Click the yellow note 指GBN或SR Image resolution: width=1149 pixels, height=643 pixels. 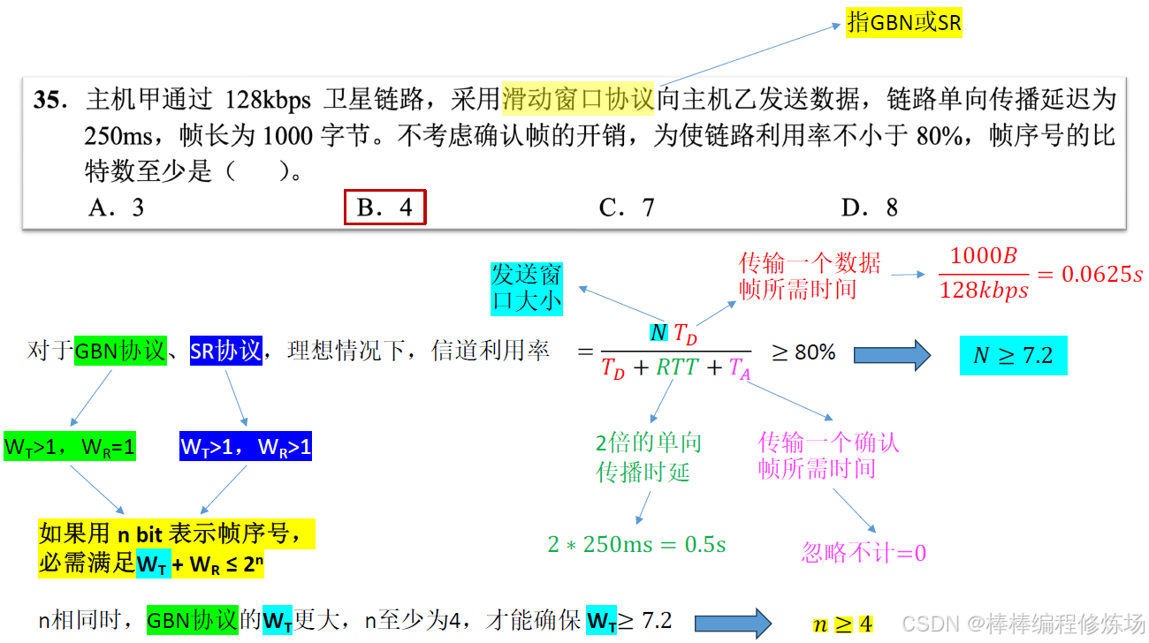click(x=904, y=23)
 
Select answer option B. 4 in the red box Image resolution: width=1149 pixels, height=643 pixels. click(x=384, y=208)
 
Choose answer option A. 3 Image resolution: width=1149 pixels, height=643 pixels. click(x=117, y=208)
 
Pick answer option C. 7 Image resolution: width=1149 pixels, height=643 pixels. click(x=626, y=208)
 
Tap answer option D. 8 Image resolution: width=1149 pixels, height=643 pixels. click(x=869, y=208)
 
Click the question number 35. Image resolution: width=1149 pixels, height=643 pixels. click(x=50, y=100)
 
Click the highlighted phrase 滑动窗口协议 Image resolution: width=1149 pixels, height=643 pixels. click(x=578, y=99)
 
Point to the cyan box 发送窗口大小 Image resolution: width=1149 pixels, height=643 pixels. click(x=527, y=287)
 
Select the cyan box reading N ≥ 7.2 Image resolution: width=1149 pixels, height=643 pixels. click(x=1013, y=355)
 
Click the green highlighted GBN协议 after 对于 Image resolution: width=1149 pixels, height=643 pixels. click(x=120, y=351)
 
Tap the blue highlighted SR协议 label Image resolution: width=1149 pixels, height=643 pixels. click(x=226, y=351)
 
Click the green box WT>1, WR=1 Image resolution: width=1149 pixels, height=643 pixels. click(x=70, y=447)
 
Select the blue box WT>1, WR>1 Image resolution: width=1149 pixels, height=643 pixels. click(x=246, y=447)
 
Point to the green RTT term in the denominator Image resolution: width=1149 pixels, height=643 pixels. click(x=677, y=368)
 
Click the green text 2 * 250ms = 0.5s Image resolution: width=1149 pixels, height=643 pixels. click(x=636, y=544)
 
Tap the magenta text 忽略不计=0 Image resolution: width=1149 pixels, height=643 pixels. click(x=864, y=554)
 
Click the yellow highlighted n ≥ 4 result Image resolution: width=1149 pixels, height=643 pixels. click(x=842, y=624)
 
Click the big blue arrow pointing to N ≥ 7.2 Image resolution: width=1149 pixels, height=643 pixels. click(x=892, y=355)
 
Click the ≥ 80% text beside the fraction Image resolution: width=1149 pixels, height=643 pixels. click(x=803, y=352)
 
